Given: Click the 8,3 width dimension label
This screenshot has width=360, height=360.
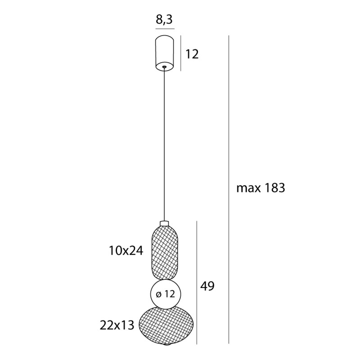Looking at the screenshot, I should [165, 20].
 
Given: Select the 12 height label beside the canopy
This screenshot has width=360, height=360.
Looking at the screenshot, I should [192, 54].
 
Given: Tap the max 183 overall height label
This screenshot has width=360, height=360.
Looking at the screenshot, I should [261, 188].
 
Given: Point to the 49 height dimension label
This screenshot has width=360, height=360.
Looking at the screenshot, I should [207, 286].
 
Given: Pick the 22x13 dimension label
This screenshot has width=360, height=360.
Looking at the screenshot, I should [118, 325].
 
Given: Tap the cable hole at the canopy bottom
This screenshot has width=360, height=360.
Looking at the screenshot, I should [165, 67].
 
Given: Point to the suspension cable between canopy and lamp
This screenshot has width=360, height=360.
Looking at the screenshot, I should [165, 144].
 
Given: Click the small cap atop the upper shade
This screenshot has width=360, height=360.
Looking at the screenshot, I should [165, 223].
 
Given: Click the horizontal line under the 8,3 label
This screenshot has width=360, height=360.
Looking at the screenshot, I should [165, 29].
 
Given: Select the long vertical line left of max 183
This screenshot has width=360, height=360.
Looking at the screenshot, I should [229, 189].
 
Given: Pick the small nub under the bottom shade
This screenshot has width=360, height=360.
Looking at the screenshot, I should [166, 346].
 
